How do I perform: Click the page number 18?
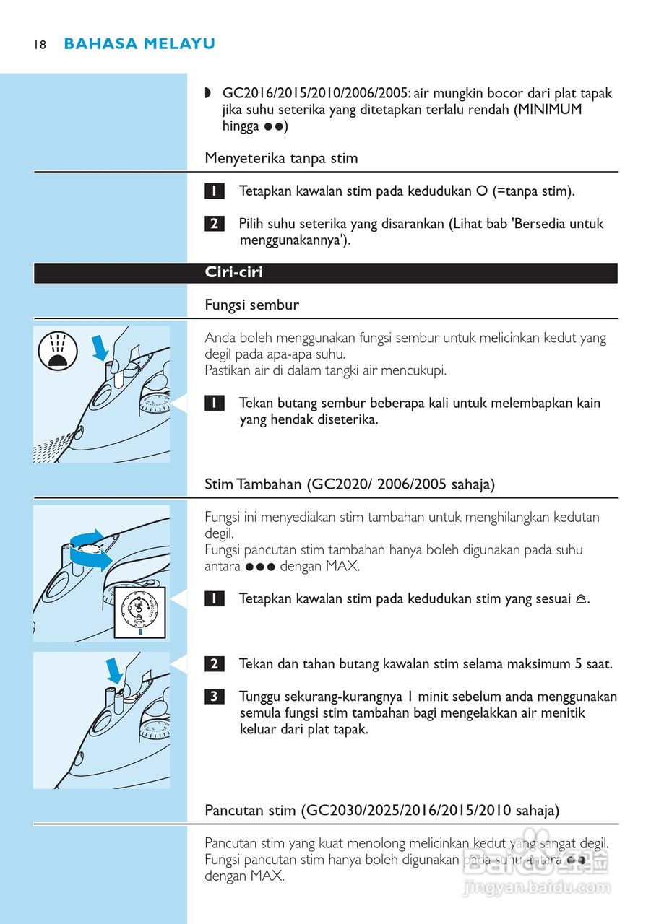pos(39,45)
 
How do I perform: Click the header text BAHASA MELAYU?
pos(139,44)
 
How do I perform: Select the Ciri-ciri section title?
pos(234,273)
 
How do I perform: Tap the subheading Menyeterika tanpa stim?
pos(281,158)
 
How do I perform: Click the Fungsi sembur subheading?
pos(251,305)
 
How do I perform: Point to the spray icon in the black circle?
pos(57,352)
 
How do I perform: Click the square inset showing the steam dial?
pos(140,612)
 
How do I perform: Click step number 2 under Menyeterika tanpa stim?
pos(214,224)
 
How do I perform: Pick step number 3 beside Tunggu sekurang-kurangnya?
pos(214,697)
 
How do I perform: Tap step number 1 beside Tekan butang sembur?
pos(214,403)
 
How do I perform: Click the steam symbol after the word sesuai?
pos(581,599)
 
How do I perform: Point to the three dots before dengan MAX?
pos(260,567)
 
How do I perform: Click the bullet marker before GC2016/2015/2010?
pos(209,93)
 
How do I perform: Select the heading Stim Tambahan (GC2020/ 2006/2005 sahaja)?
pos(350,484)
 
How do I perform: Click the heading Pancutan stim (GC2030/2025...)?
pos(381,811)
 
